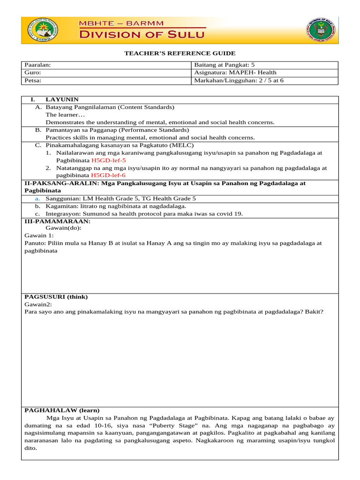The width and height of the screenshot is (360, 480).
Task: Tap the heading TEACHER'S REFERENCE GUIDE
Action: coord(180,53)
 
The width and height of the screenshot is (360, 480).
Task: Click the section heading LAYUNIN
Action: coord(62,100)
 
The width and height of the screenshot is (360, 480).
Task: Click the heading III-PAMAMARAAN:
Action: coord(57,221)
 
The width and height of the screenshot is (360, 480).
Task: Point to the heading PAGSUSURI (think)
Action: coord(56,297)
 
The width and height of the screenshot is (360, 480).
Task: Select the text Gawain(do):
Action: coord(63,228)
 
